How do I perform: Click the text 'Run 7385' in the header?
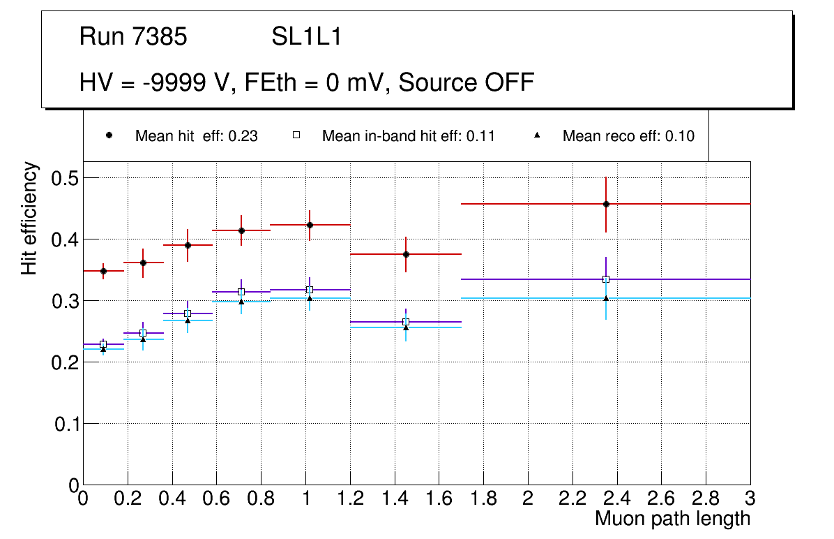tap(133, 37)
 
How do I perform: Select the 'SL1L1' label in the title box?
tap(306, 37)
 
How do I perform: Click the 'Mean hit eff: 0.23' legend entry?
tap(196, 136)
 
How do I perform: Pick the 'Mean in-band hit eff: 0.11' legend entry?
tap(408, 136)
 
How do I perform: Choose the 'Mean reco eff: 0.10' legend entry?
tap(628, 136)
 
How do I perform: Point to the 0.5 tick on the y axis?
tap(67, 178)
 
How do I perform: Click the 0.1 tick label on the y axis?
tap(67, 424)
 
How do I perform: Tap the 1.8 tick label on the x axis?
tap(483, 499)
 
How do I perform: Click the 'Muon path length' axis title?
tap(672, 519)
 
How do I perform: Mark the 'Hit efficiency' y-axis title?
tap(29, 219)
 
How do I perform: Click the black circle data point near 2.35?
tap(606, 204)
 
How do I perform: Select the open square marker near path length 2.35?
tap(606, 279)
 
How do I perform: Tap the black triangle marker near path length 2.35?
tap(606, 298)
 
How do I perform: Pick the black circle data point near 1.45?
tap(406, 254)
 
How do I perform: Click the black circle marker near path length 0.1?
tap(103, 271)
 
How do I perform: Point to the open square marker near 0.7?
tap(241, 292)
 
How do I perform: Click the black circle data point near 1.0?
tap(310, 225)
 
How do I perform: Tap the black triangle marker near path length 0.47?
tap(188, 320)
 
